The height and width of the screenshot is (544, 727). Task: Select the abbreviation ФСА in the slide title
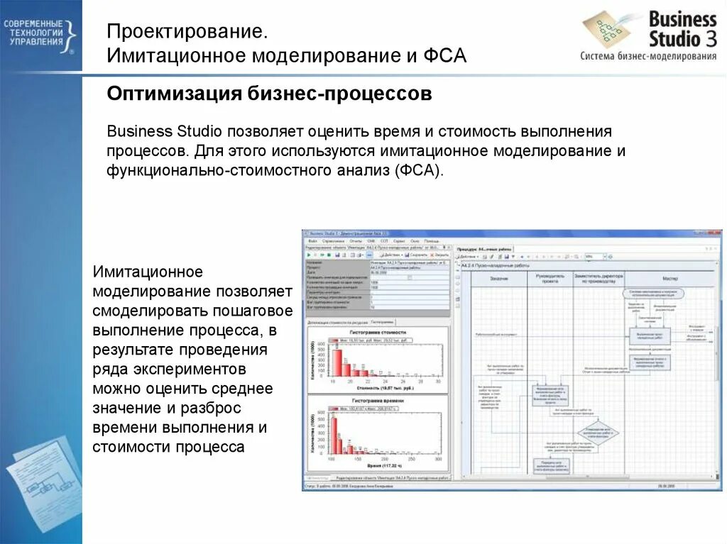(444, 56)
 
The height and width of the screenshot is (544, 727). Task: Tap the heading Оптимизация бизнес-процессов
(269, 94)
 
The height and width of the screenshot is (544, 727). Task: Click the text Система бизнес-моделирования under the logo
(647, 57)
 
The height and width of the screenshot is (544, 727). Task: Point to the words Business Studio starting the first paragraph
(165, 132)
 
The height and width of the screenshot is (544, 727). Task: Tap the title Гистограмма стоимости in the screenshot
(378, 332)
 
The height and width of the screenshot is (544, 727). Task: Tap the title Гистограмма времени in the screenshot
(378, 401)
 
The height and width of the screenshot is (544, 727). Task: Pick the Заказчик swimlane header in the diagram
(498, 278)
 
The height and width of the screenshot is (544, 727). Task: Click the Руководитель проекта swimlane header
(550, 277)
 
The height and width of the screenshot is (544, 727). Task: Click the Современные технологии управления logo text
(34, 33)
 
